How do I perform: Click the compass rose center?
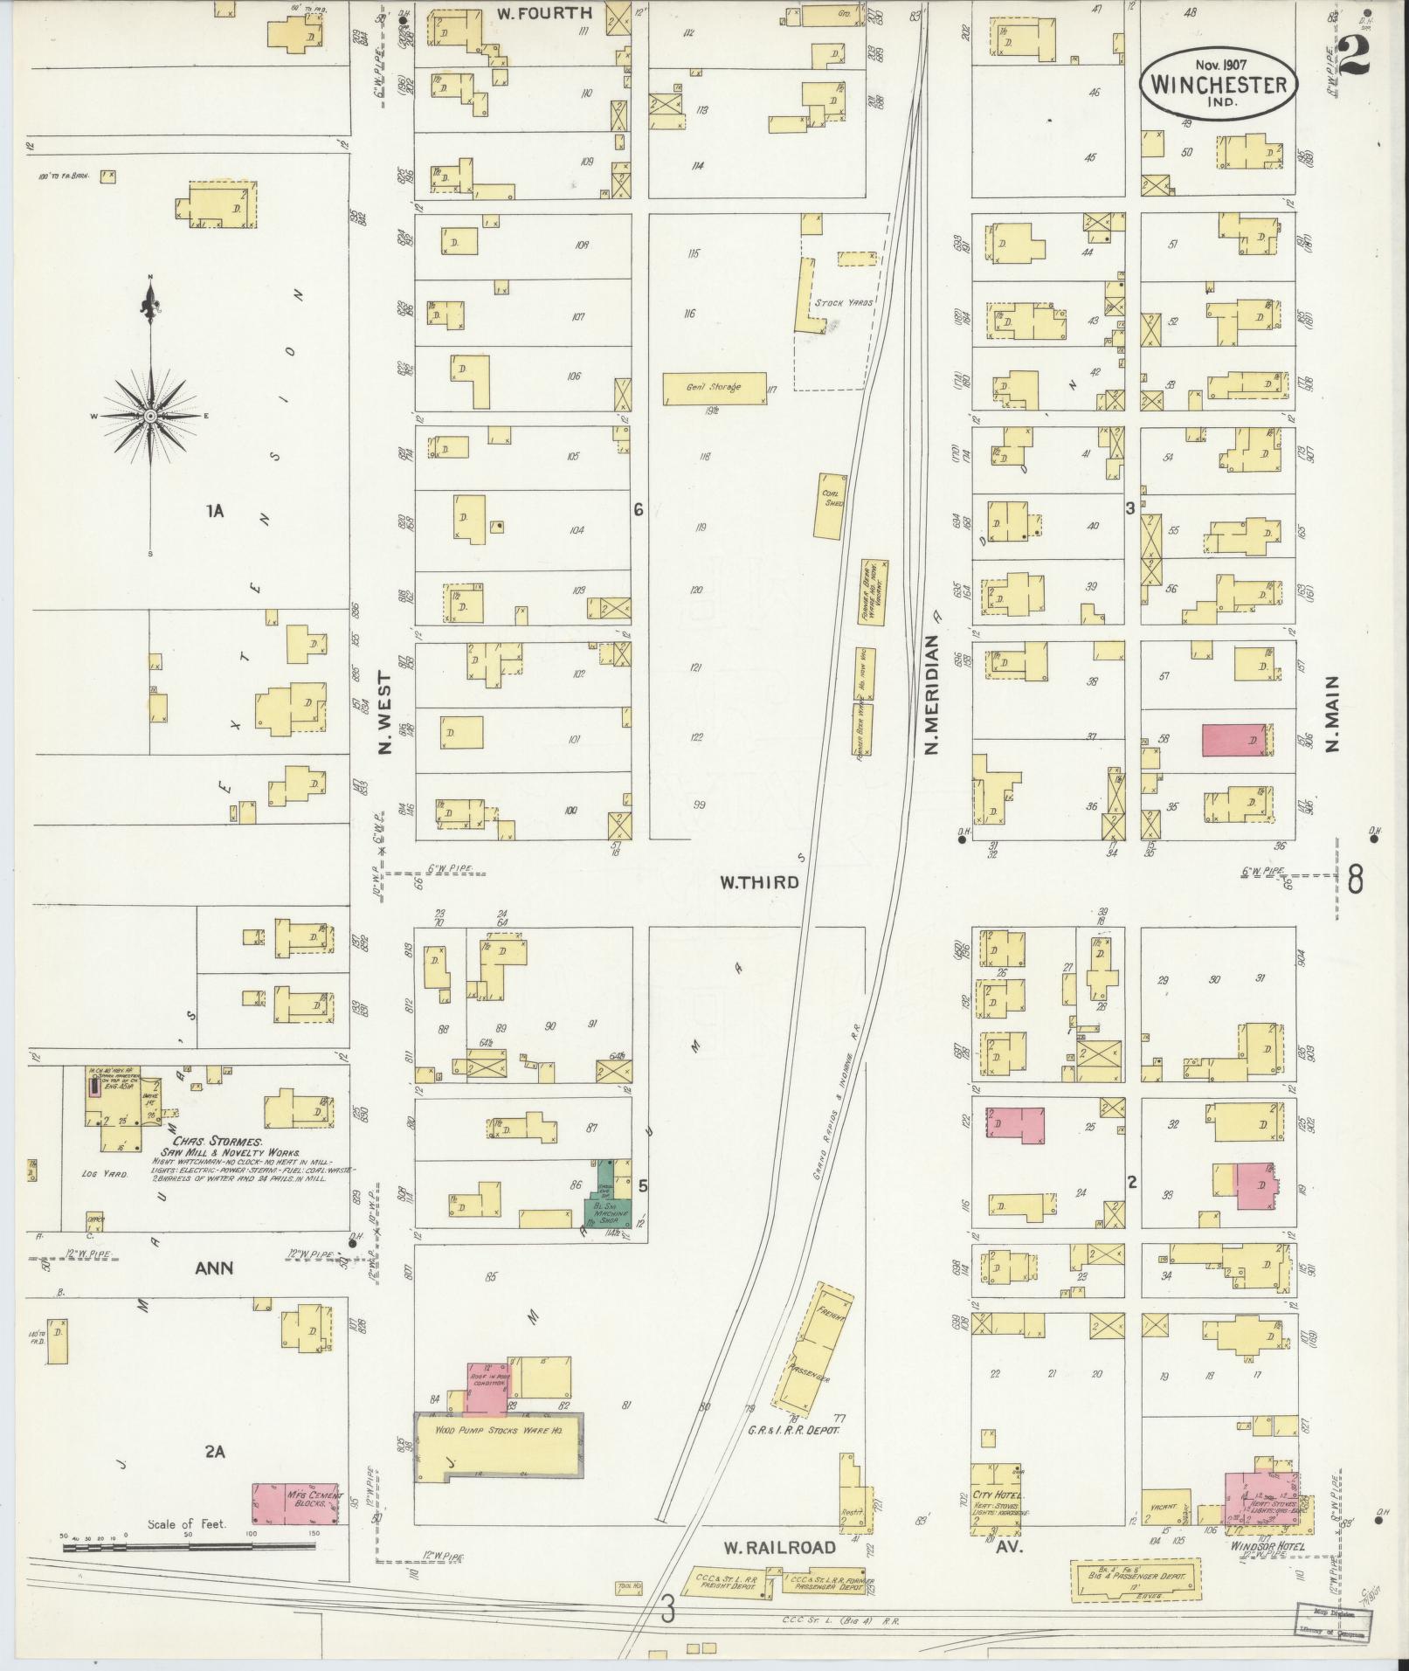coord(150,416)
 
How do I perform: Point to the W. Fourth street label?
coord(544,13)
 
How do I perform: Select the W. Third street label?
coord(758,882)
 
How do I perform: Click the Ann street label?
coord(214,1267)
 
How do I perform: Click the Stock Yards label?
coord(844,303)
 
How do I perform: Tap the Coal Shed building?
coord(831,507)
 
